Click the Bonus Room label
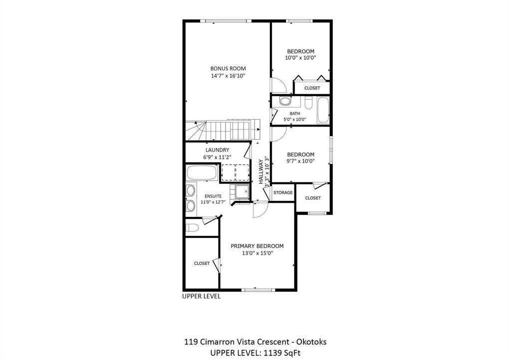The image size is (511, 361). coord(228,68)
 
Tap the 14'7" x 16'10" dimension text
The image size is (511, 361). coord(228,76)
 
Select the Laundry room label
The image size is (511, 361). coord(218,150)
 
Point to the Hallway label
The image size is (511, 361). coord(261,172)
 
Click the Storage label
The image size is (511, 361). coord(283,192)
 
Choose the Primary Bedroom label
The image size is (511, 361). coord(257,246)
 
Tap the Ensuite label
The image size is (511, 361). coord(213,196)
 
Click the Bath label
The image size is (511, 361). coord(295,114)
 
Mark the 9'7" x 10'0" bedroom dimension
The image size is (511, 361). coord(300,161)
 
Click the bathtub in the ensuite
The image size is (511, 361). coord(202,173)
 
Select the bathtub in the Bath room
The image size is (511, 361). coord(323,110)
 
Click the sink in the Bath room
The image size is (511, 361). coord(285,101)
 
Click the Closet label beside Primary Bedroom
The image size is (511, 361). coord(202,263)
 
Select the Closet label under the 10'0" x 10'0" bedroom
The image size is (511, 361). coord(312,88)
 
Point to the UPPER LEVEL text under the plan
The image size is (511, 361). coord(202,296)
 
